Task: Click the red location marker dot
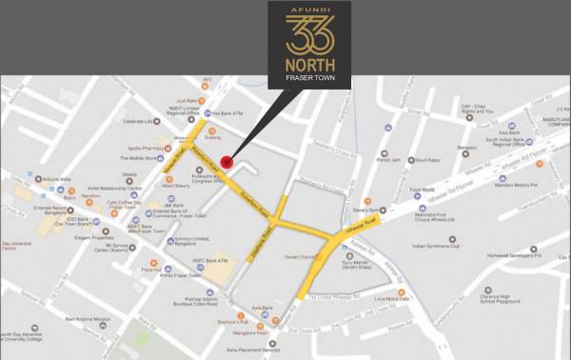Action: (x=226, y=161)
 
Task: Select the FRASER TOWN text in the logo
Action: (x=306, y=78)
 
